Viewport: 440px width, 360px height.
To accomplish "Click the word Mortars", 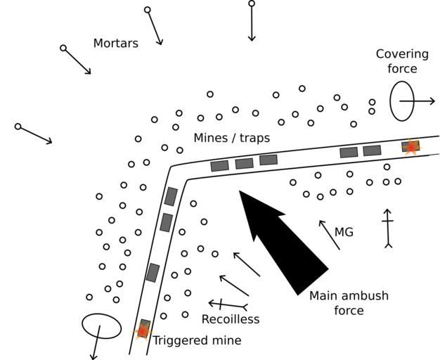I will coord(115,44).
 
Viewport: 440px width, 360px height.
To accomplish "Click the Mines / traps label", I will coord(231,138).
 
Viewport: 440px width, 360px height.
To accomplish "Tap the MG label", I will coord(344,232).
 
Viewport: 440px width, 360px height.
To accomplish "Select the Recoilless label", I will coord(230,319).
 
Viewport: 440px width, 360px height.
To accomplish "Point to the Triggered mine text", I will coord(197,340).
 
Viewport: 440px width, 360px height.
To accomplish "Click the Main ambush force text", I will coord(349,303).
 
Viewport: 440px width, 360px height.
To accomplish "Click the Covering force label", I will coord(401,61).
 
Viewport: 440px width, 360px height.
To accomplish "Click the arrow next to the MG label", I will coord(329,235).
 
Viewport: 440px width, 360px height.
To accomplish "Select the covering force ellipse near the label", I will coord(402,101).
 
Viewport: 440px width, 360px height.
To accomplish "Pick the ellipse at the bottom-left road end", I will coord(101,326).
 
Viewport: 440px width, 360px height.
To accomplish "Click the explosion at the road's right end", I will coord(410,146).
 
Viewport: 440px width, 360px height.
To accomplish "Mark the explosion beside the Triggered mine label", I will coord(143,330).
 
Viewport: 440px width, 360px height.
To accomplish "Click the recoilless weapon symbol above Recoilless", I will coord(227,304).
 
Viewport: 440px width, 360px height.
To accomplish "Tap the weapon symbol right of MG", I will coord(387,228).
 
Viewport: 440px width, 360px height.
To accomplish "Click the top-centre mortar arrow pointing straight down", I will coord(252,22).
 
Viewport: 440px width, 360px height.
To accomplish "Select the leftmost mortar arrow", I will coord(34,134).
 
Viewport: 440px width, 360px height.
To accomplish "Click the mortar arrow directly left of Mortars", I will coord(77,60).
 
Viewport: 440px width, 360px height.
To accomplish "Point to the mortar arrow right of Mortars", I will coord(155,27).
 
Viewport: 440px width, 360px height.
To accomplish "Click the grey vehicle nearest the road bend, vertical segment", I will coord(170,196).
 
